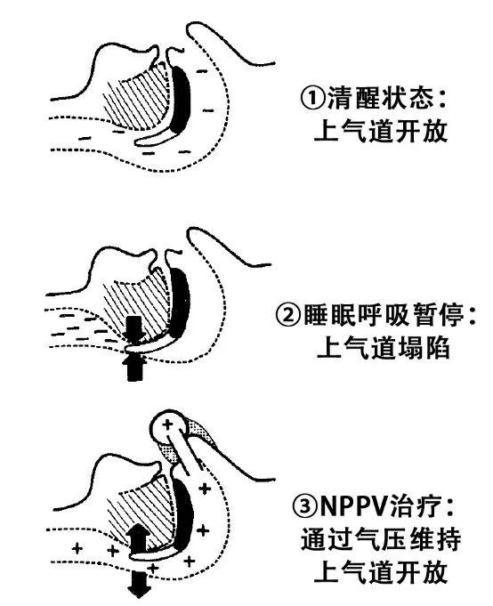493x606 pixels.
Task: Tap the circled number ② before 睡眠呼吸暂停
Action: (287, 315)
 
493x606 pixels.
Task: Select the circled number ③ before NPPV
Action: (306, 505)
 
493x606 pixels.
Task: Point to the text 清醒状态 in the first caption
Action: (380, 98)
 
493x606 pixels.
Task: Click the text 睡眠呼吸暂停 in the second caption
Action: (384, 315)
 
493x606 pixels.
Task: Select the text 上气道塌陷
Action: (383, 347)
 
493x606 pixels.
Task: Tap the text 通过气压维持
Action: (381, 538)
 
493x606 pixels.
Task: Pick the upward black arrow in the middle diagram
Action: (135, 367)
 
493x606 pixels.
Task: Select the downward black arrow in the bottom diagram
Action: (139, 584)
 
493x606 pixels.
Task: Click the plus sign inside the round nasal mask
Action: (167, 424)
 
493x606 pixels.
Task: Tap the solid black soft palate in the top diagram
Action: (180, 99)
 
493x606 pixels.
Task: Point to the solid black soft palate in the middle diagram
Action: (179, 302)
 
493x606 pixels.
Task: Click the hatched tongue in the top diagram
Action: (137, 100)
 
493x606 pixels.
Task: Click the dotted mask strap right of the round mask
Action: (200, 432)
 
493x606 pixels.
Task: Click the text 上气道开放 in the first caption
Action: (381, 131)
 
